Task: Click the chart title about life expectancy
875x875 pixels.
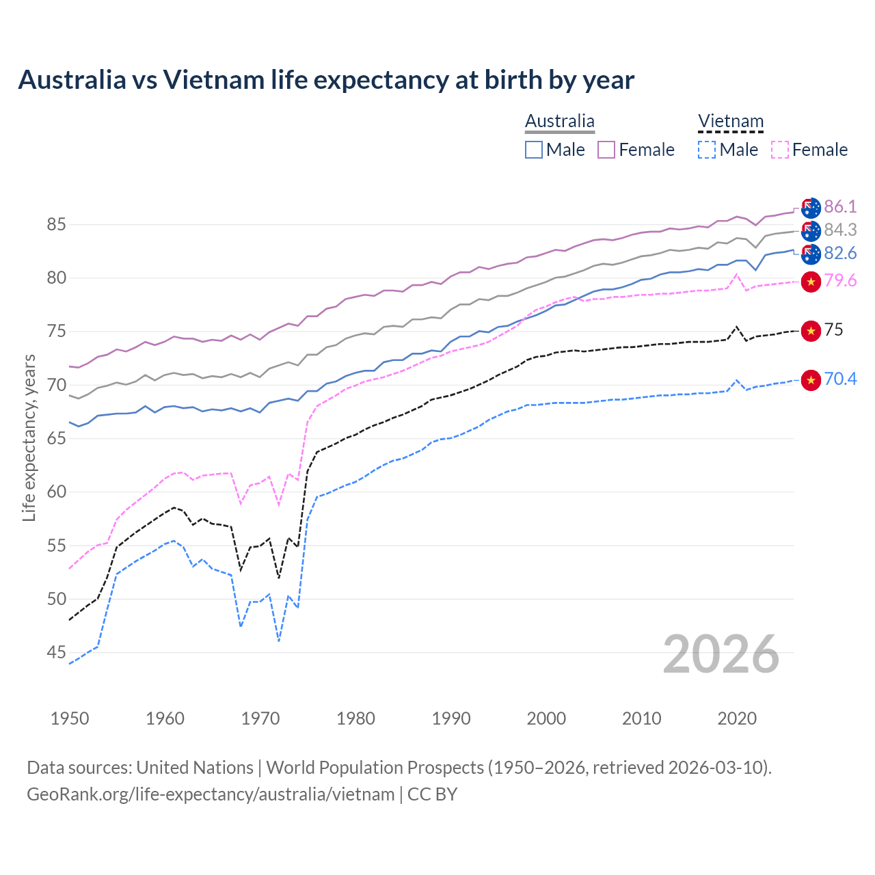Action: [326, 80]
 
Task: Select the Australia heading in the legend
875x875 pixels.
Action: [559, 121]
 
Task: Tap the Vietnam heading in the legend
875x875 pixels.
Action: [730, 121]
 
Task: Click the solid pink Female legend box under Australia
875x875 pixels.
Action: [606, 150]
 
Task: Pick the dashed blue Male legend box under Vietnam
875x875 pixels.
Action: [707, 150]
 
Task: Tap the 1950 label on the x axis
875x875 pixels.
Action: [70, 718]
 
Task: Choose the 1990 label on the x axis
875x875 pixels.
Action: [451, 718]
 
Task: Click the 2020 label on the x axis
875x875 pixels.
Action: [737, 718]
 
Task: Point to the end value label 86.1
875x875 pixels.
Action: [840, 206]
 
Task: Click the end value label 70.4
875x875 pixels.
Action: [840, 379]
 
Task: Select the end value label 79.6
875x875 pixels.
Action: [840, 281]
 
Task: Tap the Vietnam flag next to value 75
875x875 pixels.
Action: [811, 331]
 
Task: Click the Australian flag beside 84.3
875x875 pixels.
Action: [811, 230]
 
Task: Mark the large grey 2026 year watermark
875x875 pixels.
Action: [721, 654]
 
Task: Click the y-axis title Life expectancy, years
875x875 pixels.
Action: [29, 437]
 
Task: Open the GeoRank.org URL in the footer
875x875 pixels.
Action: [211, 794]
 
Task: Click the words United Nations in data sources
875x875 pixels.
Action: [195, 768]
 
